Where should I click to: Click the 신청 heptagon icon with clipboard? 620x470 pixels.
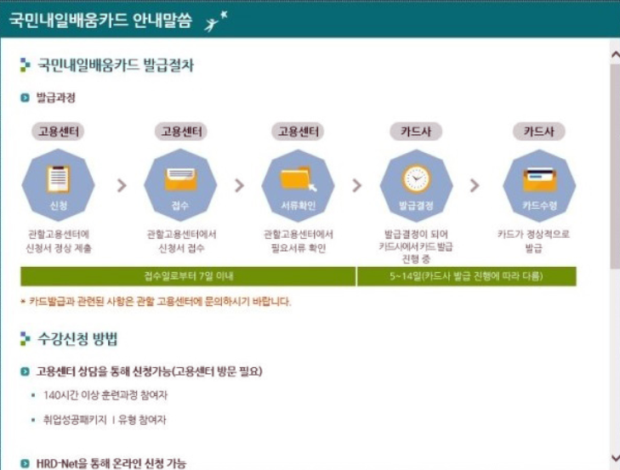[x=58, y=184]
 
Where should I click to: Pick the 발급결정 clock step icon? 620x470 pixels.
[x=417, y=184]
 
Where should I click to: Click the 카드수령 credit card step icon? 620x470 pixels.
[x=539, y=184]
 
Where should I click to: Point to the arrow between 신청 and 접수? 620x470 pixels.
[x=121, y=185]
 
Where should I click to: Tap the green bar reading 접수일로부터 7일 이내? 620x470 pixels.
[x=188, y=276]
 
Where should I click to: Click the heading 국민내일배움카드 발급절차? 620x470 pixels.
[x=115, y=65]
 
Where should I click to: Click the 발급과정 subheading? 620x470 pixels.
[x=55, y=98]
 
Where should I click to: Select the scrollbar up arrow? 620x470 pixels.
[x=614, y=54]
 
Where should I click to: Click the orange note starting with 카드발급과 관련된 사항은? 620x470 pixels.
[x=160, y=301]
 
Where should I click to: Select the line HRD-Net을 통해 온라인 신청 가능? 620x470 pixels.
[x=111, y=463]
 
